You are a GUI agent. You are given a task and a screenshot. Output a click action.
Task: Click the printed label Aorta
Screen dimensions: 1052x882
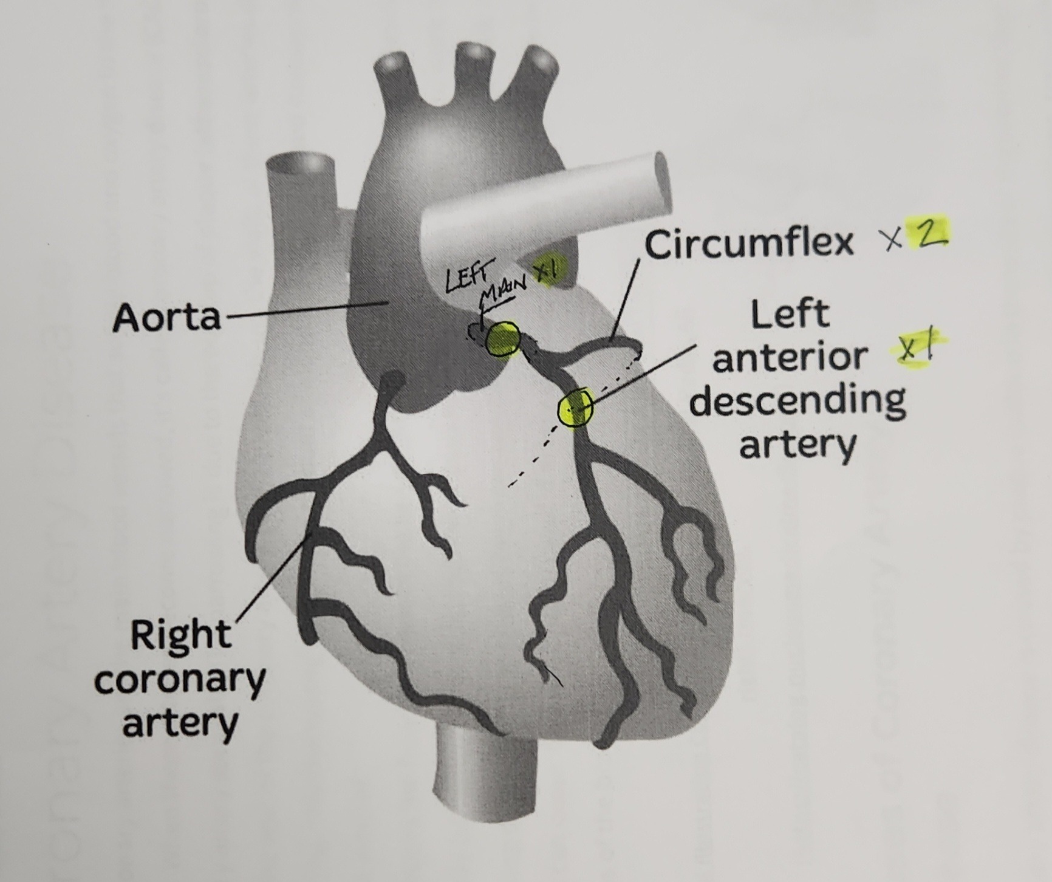pos(166,317)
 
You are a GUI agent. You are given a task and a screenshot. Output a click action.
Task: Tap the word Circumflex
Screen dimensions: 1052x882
pos(749,244)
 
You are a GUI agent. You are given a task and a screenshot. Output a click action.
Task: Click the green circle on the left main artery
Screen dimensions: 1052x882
pos(502,338)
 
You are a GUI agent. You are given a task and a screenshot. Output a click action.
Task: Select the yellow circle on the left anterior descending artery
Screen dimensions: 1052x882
pos(575,408)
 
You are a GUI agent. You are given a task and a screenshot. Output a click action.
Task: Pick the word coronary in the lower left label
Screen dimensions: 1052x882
pos(180,681)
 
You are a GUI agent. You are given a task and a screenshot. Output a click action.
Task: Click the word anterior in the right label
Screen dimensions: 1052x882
pos(790,357)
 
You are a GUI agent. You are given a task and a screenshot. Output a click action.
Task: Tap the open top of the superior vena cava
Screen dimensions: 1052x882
pos(301,163)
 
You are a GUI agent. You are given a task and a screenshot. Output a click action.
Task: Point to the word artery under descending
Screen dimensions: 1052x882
pos(798,445)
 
